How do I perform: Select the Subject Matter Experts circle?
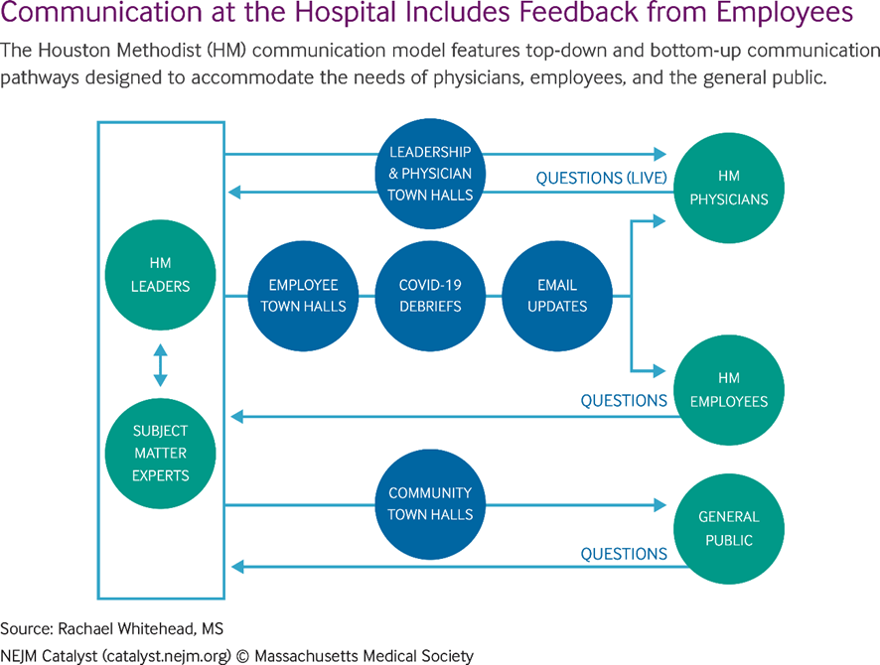pyautogui.click(x=160, y=453)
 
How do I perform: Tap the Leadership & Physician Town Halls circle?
pyautogui.click(x=430, y=174)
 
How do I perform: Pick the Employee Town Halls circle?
pyautogui.click(x=303, y=296)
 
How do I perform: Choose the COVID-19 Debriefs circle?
pyautogui.click(x=430, y=296)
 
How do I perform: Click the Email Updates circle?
pyautogui.click(x=557, y=296)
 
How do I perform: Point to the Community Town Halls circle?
pyautogui.click(x=430, y=503)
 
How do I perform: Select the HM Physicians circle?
pyautogui.click(x=729, y=188)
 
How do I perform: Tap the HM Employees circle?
pyautogui.click(x=729, y=390)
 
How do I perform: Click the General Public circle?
pyautogui.click(x=729, y=529)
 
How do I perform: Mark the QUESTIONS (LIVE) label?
pyautogui.click(x=601, y=179)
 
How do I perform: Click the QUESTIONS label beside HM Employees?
pyautogui.click(x=624, y=401)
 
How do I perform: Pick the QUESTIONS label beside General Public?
pyautogui.click(x=624, y=554)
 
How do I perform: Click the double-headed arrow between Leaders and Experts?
pyautogui.click(x=160, y=364)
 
